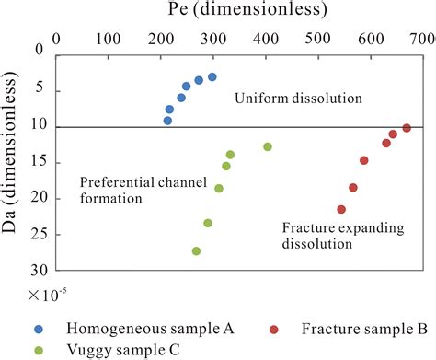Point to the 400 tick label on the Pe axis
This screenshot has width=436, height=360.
click(x=370, y=40)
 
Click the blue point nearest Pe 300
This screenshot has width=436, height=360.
click(x=212, y=77)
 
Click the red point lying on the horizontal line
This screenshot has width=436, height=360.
click(x=407, y=128)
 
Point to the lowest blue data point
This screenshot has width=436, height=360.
click(x=167, y=121)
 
